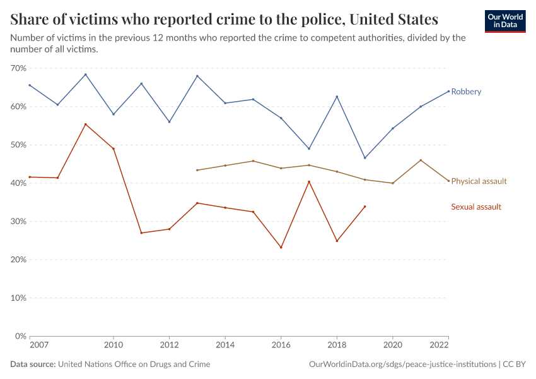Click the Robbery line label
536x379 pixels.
[466, 92]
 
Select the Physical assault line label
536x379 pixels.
[479, 181]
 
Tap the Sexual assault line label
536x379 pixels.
[476, 207]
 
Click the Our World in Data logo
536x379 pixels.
[504, 21]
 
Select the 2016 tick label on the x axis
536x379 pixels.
[281, 346]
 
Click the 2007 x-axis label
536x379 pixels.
[38, 346]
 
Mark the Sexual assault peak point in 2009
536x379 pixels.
[86, 124]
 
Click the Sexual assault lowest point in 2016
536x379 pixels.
[281, 247]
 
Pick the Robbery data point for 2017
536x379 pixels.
[309, 148]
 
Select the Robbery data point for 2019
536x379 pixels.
[365, 158]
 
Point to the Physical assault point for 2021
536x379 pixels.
[421, 160]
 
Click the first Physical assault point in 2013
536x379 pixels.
[197, 170]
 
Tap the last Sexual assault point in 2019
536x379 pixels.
[365, 207]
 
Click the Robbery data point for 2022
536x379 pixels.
[448, 91]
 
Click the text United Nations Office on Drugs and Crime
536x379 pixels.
[134, 364]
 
